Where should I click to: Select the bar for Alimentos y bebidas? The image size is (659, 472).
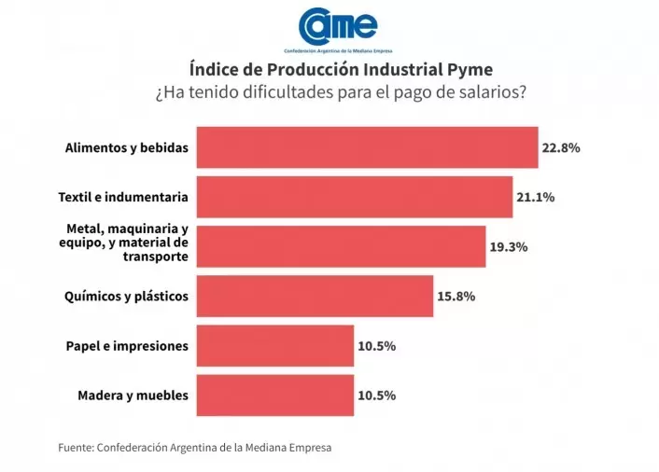point(366,147)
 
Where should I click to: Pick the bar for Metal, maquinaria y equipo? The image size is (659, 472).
point(340,247)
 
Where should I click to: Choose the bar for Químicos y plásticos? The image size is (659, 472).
point(314,297)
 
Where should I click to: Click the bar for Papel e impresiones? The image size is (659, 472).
point(273,346)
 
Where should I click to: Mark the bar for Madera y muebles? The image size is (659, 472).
point(273,396)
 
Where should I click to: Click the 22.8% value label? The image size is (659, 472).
point(561,147)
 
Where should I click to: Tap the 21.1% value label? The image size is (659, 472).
point(536,197)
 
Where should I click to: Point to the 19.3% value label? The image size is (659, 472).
point(509,247)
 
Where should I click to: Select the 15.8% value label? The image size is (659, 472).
point(456,297)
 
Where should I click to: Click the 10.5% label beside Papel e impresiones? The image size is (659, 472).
point(376,346)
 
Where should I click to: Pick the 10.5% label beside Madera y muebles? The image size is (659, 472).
point(376,396)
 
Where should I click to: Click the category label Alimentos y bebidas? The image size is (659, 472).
point(127,147)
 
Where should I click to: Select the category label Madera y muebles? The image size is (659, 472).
point(133,396)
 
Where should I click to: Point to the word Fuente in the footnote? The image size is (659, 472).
point(75,448)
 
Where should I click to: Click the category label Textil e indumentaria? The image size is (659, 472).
point(123,197)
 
